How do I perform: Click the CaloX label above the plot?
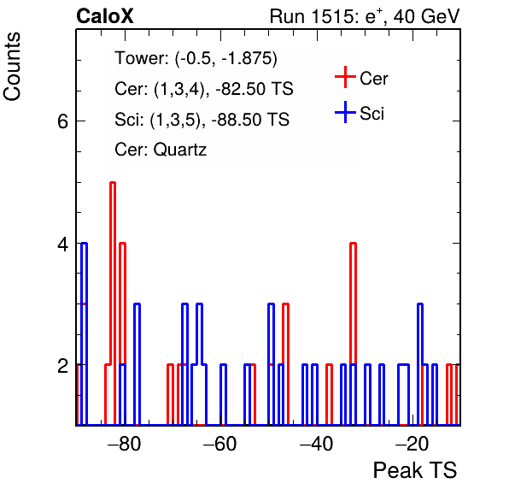coord(105,16)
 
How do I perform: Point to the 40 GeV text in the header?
coord(426,16)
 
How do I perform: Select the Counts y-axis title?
coord(12,67)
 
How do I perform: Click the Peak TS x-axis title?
coord(415,470)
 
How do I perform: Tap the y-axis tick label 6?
coord(62,122)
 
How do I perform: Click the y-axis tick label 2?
coord(62,366)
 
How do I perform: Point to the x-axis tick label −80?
coord(125,444)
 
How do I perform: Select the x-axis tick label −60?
coord(220,444)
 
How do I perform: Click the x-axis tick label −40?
coord(316,444)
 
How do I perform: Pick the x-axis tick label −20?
coord(412,444)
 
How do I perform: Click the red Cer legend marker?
coord(345,77)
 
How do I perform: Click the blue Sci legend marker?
coord(345,112)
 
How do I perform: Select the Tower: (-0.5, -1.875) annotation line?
coord(196,58)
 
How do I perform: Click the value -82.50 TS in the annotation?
coord(254,89)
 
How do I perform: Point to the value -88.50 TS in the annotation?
coord(250,119)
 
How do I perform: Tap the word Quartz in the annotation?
coord(180,150)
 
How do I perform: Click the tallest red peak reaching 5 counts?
coord(113,183)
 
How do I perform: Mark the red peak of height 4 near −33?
coord(354,244)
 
